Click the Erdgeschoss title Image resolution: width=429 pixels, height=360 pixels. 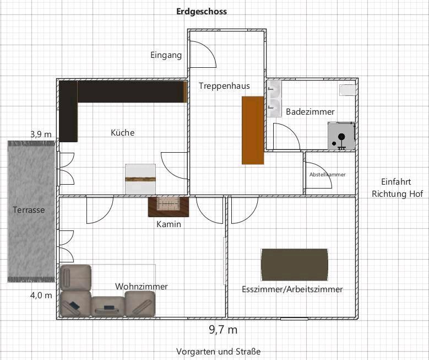point(202,12)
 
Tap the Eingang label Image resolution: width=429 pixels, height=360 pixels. point(166,55)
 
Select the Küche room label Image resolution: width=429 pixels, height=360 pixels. point(123,133)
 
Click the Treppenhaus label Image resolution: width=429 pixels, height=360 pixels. point(224,86)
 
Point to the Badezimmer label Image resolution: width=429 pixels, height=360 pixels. point(310,111)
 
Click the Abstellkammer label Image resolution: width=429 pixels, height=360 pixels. point(328,175)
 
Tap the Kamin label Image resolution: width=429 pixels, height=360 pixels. point(169,224)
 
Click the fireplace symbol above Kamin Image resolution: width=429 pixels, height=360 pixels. point(169,207)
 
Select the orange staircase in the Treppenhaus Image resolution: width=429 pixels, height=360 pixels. point(253,130)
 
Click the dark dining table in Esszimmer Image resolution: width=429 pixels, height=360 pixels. point(295,265)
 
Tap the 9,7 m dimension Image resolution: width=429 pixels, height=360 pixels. point(223,330)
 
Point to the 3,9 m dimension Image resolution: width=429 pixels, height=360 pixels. point(41,135)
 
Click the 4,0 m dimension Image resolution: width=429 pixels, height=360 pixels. point(41,295)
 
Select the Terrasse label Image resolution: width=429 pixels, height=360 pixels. point(29,210)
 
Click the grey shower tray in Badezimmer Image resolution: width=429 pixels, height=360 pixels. point(341,136)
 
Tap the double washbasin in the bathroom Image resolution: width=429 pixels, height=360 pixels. point(274,99)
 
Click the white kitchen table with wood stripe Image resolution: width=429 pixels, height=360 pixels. point(140,179)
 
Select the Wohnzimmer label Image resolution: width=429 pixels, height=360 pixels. point(142,286)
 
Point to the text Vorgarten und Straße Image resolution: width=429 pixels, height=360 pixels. point(218,351)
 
